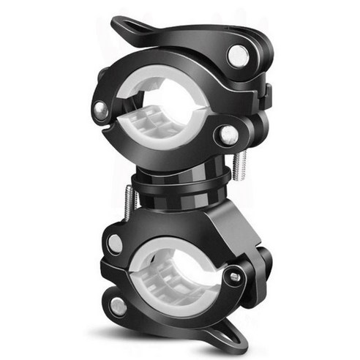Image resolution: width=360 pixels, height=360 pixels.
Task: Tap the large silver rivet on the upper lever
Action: tap(237, 55)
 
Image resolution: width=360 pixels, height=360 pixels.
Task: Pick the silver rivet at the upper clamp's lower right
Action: tap(228, 134)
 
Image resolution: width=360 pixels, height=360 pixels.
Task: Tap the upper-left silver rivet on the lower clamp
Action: tap(115, 243)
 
